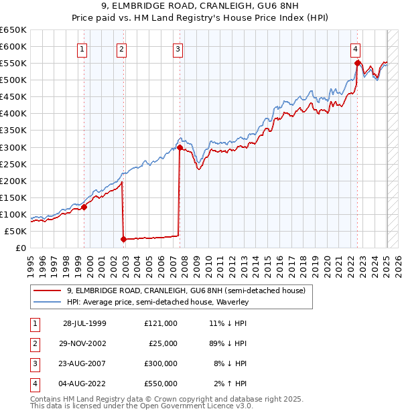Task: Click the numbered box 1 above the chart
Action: pyautogui.click(x=82, y=48)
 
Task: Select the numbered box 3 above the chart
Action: pyautogui.click(x=178, y=48)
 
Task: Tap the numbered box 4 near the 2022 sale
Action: pyautogui.click(x=355, y=48)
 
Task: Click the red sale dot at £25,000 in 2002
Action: pyautogui.click(x=124, y=239)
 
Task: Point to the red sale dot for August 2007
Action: pyautogui.click(x=180, y=147)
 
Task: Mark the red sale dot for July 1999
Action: pyautogui.click(x=84, y=207)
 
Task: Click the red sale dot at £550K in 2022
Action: pyautogui.click(x=357, y=63)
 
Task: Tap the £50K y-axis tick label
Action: pyautogui.click(x=15, y=231)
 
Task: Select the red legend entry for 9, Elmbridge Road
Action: pyautogui.click(x=186, y=290)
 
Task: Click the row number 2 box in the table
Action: pyautogui.click(x=33, y=343)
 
